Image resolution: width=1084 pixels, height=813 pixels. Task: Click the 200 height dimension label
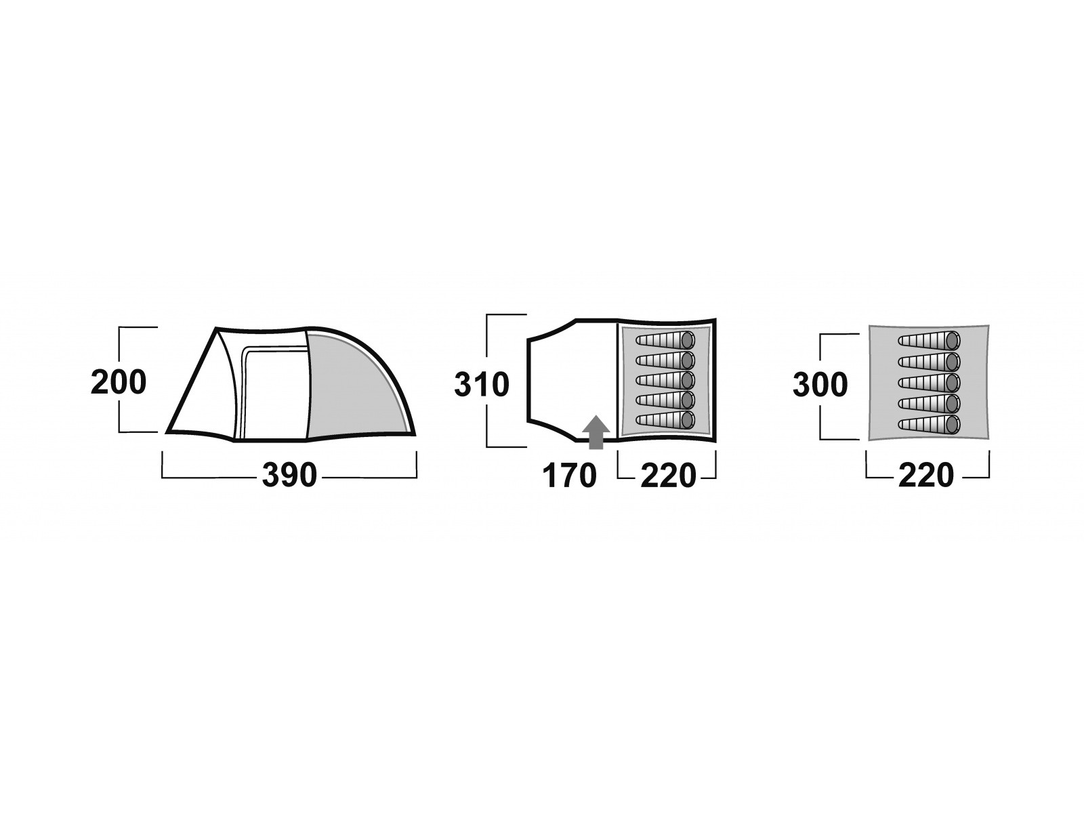[x=119, y=383]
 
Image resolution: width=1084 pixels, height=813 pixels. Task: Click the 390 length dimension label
[x=289, y=476]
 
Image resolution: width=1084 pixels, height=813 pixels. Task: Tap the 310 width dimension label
[x=482, y=385]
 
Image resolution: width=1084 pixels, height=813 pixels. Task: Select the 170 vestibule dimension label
[x=569, y=476]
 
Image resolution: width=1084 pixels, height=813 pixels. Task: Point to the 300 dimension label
[x=820, y=385]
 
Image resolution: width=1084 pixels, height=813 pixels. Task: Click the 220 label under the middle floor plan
[x=668, y=476]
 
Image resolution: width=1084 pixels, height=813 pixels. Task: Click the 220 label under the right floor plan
[x=926, y=476]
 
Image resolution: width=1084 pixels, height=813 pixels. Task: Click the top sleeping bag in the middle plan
[x=667, y=339]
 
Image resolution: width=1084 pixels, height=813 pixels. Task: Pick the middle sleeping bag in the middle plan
[x=667, y=379]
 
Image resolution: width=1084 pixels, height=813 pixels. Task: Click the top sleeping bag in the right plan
[x=929, y=340]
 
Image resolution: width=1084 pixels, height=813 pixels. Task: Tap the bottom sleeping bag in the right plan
[x=929, y=425]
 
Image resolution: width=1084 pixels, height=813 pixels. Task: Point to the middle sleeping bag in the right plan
[x=929, y=382]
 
